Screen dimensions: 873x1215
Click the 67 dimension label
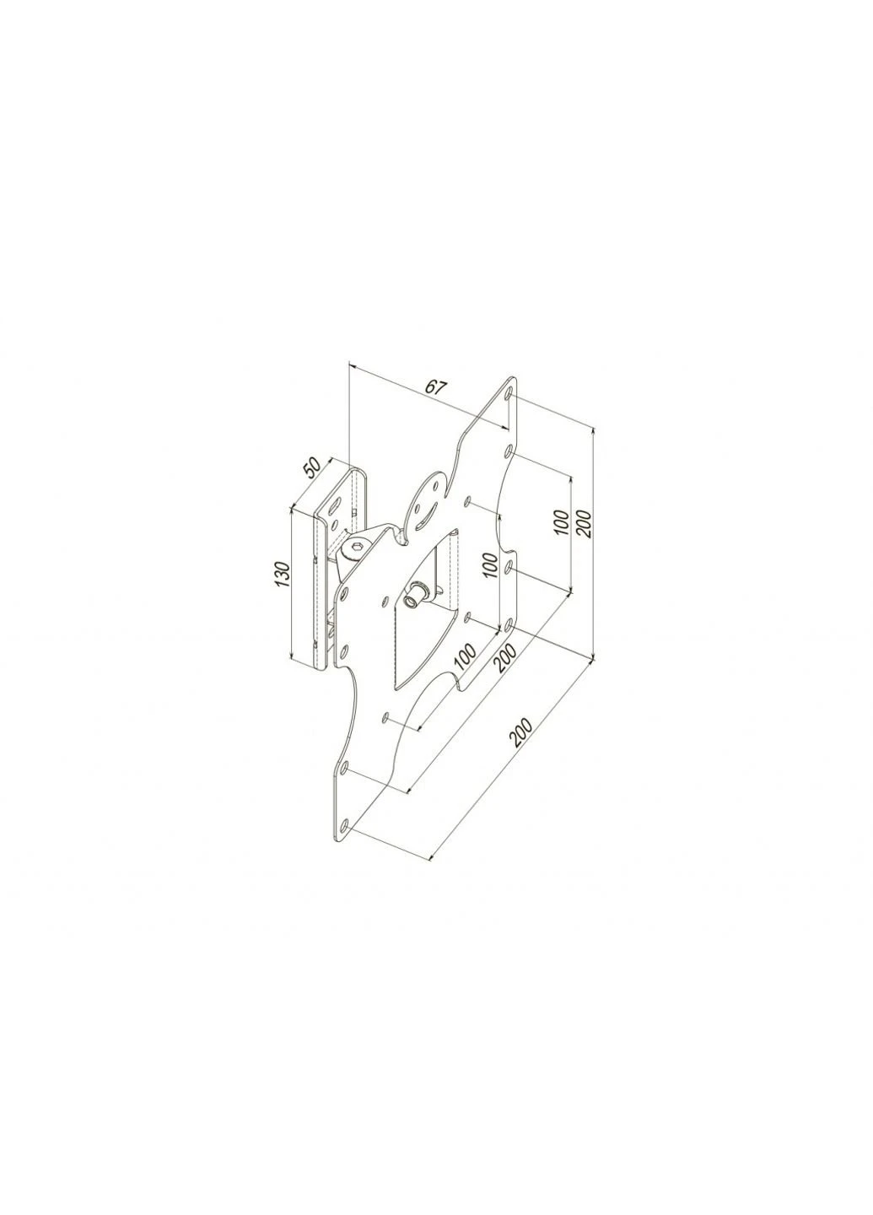pyautogui.click(x=435, y=386)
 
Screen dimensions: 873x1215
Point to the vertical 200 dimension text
pyautogui.click(x=584, y=521)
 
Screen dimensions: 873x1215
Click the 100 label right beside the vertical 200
pyautogui.click(x=563, y=522)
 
